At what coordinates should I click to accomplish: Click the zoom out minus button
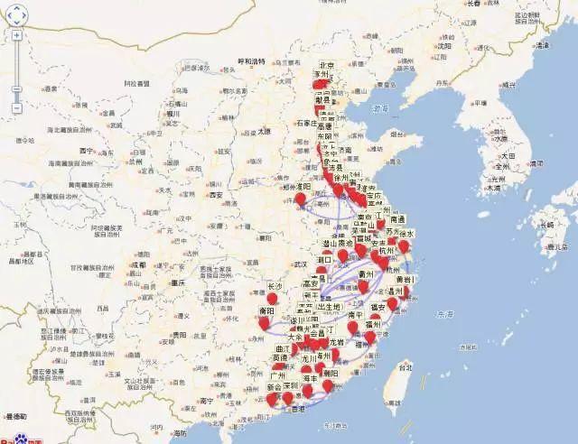16,108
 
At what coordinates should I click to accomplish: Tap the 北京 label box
327,65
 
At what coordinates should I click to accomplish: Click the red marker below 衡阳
264,322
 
